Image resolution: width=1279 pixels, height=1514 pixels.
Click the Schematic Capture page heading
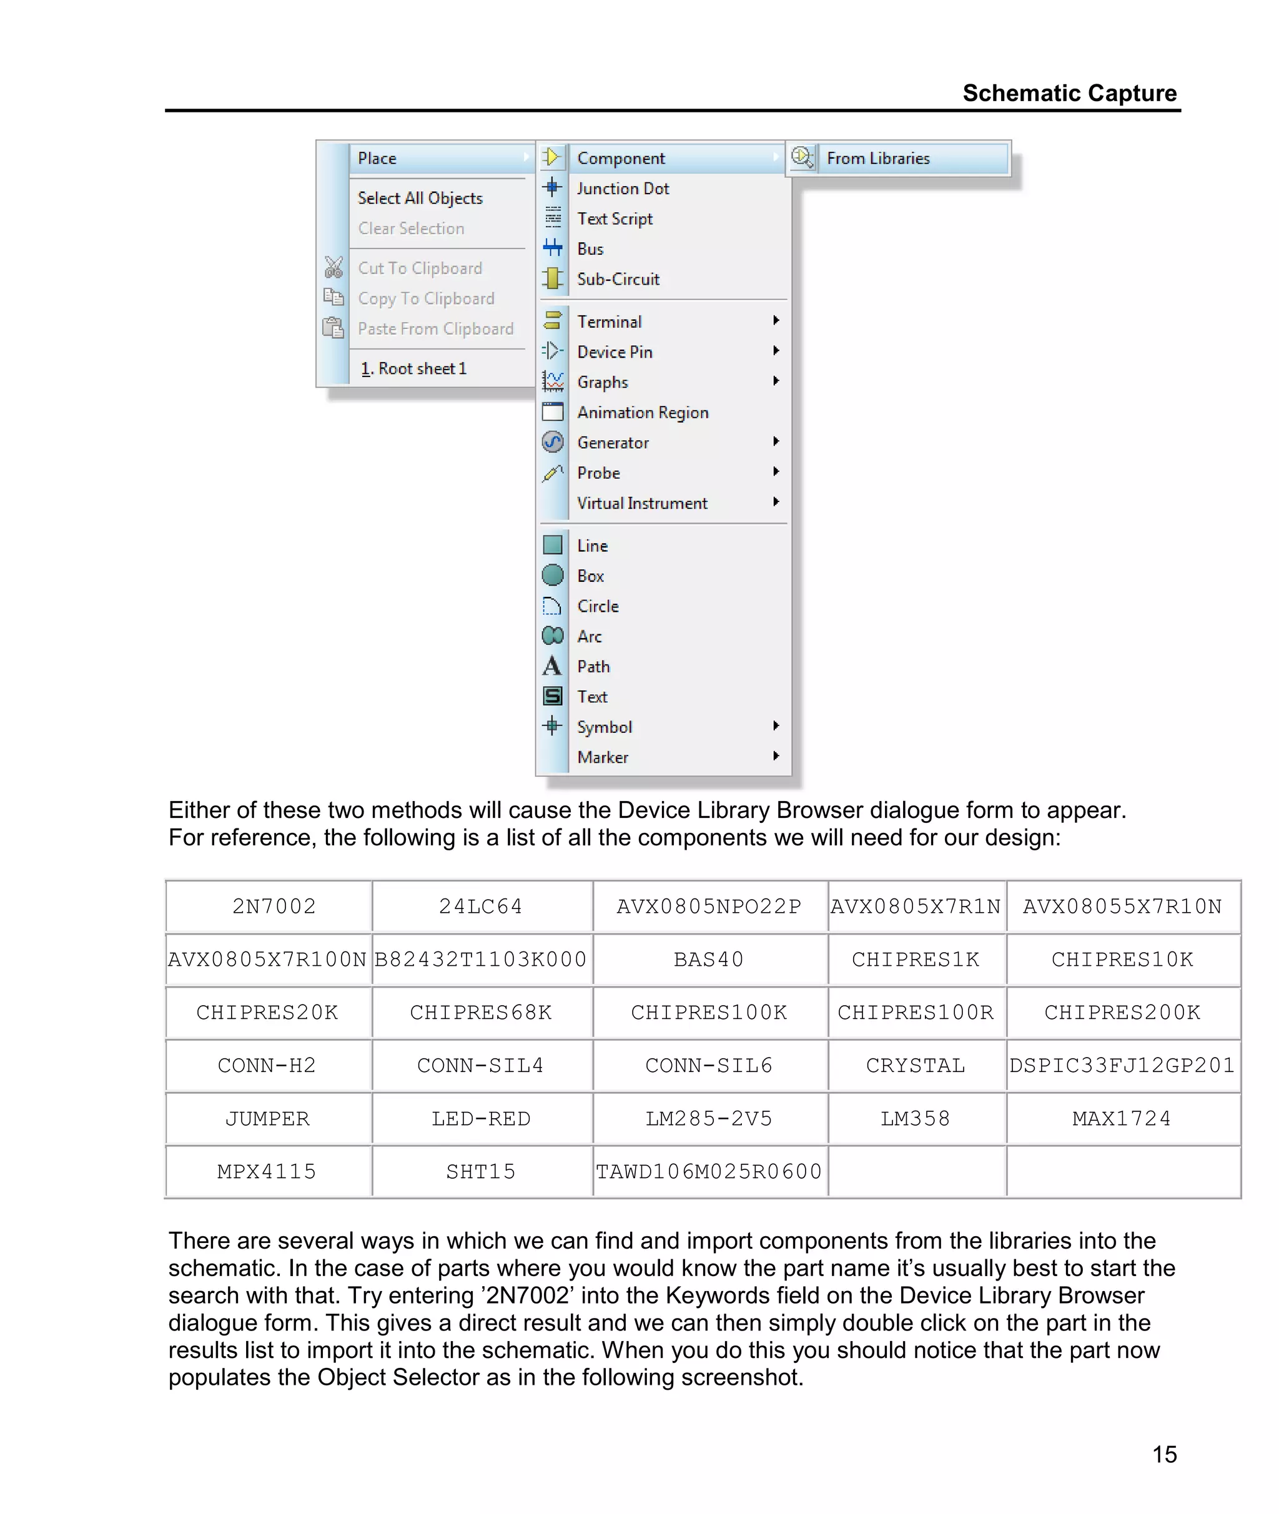pos(1069,94)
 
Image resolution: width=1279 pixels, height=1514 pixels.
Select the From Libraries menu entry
pos(877,158)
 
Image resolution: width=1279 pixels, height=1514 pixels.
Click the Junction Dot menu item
pos(622,189)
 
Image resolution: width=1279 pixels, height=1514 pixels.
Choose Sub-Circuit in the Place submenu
pos(618,279)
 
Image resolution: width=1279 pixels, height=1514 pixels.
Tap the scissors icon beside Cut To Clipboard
pos(333,267)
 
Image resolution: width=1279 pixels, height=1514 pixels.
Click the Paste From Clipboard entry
pos(435,329)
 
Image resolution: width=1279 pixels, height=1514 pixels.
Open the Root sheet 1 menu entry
pos(414,368)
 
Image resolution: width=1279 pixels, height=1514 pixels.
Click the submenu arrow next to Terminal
pos(776,320)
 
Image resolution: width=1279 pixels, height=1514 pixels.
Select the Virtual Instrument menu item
pos(641,503)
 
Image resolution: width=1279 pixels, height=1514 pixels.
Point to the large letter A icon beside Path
pos(552,666)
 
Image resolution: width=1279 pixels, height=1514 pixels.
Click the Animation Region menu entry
pos(643,413)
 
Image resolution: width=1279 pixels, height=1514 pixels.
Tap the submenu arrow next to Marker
pos(776,756)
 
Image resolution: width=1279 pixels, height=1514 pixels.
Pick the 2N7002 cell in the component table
pos(274,907)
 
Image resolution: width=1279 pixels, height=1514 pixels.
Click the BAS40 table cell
pos(708,960)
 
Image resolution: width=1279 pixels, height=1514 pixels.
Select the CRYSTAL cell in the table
pos(915,1065)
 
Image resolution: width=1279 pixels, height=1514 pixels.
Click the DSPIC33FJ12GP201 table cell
pos(1122,1065)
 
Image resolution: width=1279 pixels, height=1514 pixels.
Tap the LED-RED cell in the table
pos(481,1118)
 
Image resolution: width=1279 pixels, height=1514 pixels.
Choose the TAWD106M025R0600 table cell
pos(708,1171)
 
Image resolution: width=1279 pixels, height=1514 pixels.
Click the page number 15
pos(1163,1454)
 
